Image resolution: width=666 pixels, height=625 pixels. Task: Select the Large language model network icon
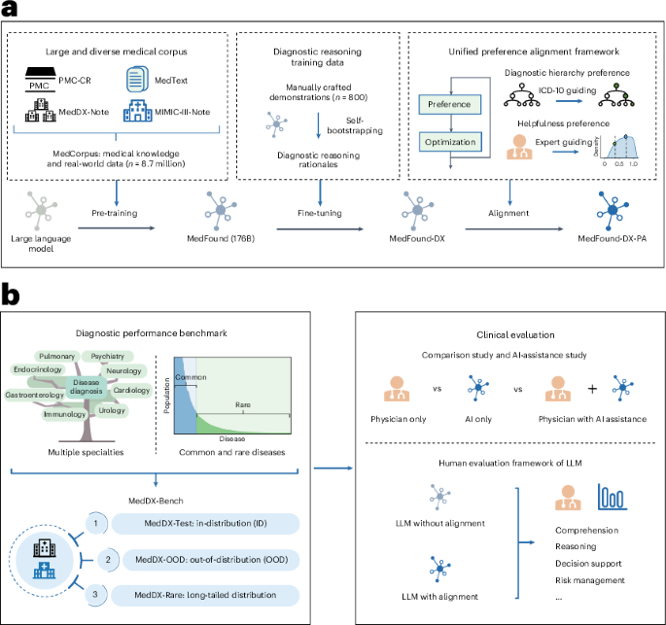coord(42,207)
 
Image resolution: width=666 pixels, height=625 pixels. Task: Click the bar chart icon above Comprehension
coord(610,498)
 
